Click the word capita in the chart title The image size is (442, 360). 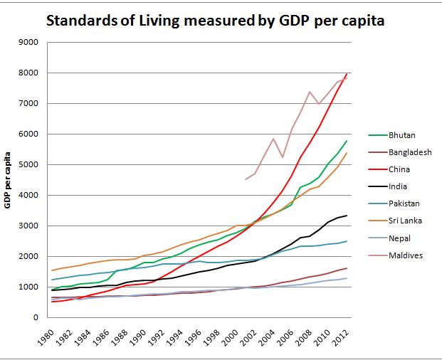click(360, 21)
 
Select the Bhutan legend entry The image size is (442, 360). click(401, 134)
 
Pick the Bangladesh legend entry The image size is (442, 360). click(410, 152)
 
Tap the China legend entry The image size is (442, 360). click(399, 169)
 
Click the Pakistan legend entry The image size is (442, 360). click(404, 203)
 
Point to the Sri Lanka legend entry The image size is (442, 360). click(404, 221)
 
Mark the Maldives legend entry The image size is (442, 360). click(404, 255)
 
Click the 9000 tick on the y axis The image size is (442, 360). click(28, 43)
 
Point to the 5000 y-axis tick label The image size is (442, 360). click(28, 165)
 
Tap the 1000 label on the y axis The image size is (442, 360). click(28, 287)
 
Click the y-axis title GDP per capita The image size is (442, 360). click(9, 180)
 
